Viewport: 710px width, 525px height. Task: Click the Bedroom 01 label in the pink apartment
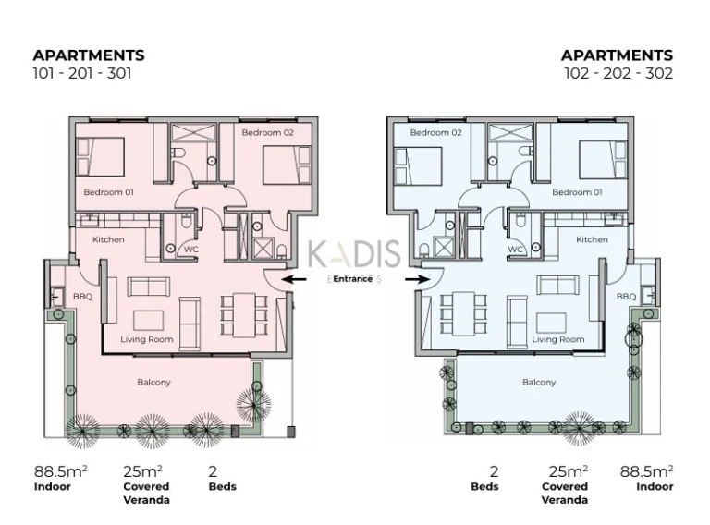tap(109, 192)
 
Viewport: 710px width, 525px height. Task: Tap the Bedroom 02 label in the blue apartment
tap(435, 132)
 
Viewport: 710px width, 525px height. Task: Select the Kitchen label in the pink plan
tap(108, 239)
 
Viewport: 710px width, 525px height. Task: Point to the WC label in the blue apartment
tap(515, 250)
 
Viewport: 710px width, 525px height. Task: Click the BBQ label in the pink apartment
tap(82, 297)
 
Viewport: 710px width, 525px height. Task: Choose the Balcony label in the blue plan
tap(539, 383)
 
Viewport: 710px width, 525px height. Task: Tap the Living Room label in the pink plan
tap(147, 339)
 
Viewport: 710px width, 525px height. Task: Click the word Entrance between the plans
tap(353, 279)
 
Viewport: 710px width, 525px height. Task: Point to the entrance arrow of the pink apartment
tap(293, 279)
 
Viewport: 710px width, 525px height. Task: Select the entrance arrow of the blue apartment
tap(417, 279)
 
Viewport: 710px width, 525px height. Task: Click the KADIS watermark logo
tap(354, 253)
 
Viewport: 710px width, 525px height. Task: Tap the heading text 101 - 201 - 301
tap(82, 73)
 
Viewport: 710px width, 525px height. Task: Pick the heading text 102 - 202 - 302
tap(618, 73)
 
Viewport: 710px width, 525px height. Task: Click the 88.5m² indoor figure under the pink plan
tap(61, 471)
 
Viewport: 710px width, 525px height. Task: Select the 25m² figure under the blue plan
tap(569, 471)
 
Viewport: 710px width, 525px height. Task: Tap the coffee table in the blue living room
tap(551, 323)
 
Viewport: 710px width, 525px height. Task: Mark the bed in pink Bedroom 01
tap(100, 157)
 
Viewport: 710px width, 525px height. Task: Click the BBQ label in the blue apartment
tap(626, 297)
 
